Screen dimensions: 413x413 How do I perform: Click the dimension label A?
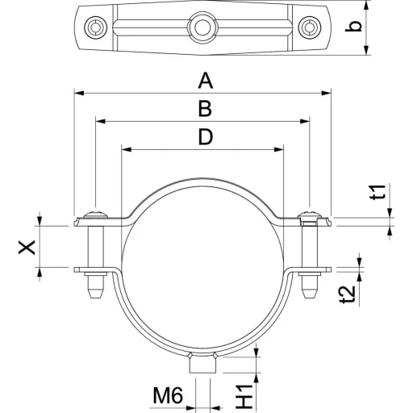click(x=206, y=81)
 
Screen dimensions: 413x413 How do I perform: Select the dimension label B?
click(x=205, y=109)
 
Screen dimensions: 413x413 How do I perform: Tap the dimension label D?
click(x=206, y=136)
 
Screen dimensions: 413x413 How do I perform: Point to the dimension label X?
click(x=27, y=247)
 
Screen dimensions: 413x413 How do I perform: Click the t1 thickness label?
click(x=378, y=192)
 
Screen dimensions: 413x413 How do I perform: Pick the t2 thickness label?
click(x=348, y=294)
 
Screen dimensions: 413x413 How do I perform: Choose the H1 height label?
click(x=244, y=396)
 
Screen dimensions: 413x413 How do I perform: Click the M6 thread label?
click(x=168, y=395)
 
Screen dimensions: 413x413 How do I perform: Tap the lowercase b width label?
click(x=353, y=27)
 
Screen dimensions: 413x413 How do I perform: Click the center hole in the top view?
click(x=202, y=27)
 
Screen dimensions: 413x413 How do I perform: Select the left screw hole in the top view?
click(x=95, y=27)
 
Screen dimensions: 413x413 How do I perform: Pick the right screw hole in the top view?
click(x=310, y=27)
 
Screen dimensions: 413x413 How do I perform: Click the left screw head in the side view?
click(x=96, y=215)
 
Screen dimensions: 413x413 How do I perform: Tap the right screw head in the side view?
click(x=310, y=215)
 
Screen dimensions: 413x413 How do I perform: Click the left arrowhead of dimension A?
click(x=78, y=93)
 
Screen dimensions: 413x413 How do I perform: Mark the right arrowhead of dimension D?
click(x=278, y=149)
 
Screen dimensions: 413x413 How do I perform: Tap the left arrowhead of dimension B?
click(x=101, y=121)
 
